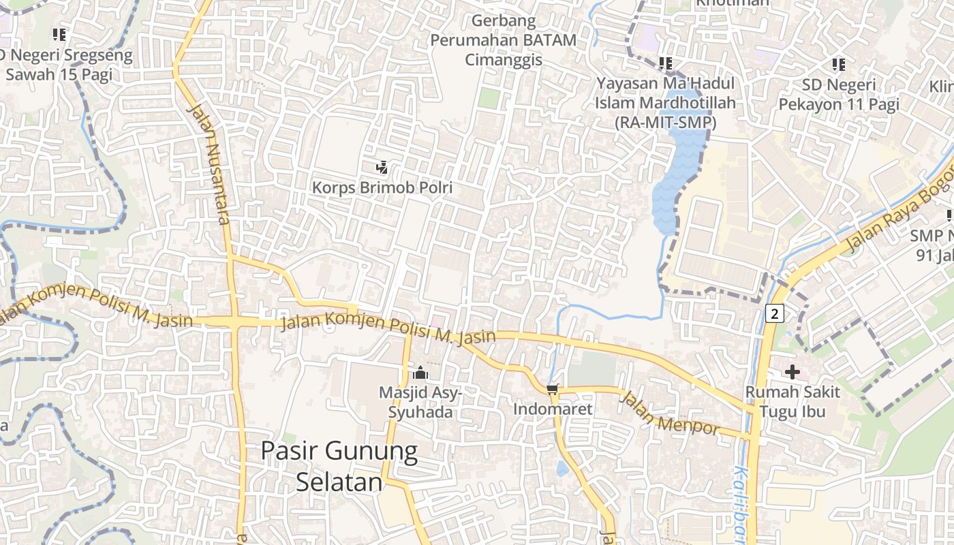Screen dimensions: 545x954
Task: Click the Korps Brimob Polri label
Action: pyautogui.click(x=382, y=187)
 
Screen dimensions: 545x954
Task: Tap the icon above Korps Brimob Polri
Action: pyautogui.click(x=382, y=167)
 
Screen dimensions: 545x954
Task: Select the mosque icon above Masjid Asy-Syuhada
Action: pyautogui.click(x=420, y=373)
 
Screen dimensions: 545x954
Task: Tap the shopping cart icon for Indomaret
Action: pyautogui.click(x=552, y=389)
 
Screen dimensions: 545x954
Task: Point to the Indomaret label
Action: pyautogui.click(x=552, y=409)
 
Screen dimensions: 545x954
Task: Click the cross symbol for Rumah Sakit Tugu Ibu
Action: pyautogui.click(x=792, y=372)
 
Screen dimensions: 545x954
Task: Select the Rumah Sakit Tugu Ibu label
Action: pyautogui.click(x=792, y=402)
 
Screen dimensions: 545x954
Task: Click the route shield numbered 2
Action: pyautogui.click(x=775, y=313)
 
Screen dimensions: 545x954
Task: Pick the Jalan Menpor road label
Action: pyautogui.click(x=669, y=413)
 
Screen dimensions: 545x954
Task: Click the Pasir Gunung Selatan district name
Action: pyautogui.click(x=339, y=466)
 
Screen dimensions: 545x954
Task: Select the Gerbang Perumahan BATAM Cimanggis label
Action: pyautogui.click(x=504, y=40)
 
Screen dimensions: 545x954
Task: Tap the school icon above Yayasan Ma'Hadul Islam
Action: pyautogui.click(x=666, y=63)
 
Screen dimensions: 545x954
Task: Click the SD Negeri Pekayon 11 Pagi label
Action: pyautogui.click(x=838, y=95)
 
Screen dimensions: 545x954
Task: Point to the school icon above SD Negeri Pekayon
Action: pyautogui.click(x=838, y=65)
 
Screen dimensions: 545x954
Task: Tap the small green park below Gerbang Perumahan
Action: pyautogui.click(x=489, y=98)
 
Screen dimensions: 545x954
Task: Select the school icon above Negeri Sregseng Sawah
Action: pyautogui.click(x=59, y=34)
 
